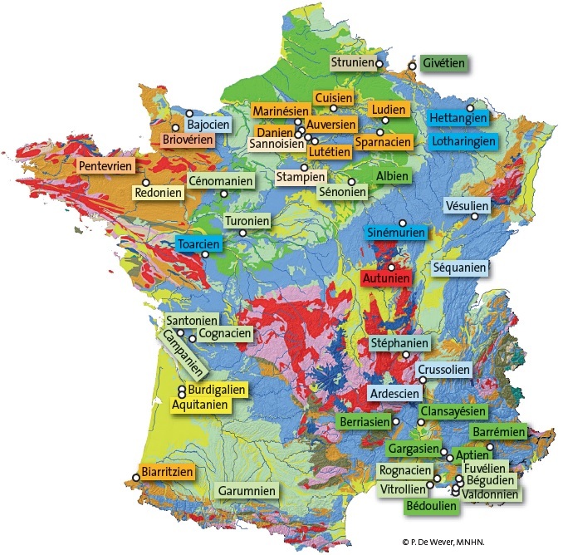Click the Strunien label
coord(351,62)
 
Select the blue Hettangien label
coord(458,118)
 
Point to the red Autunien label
coord(386,278)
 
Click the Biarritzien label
coord(168,472)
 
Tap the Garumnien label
coord(247,491)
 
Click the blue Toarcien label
coord(199,244)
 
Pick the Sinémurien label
coord(396,233)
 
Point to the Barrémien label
coord(499,432)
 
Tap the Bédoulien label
coord(432,504)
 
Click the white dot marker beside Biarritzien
coord(136,478)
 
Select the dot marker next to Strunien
coord(379,63)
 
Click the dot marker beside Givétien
coord(412,65)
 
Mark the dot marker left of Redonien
coord(145,183)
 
